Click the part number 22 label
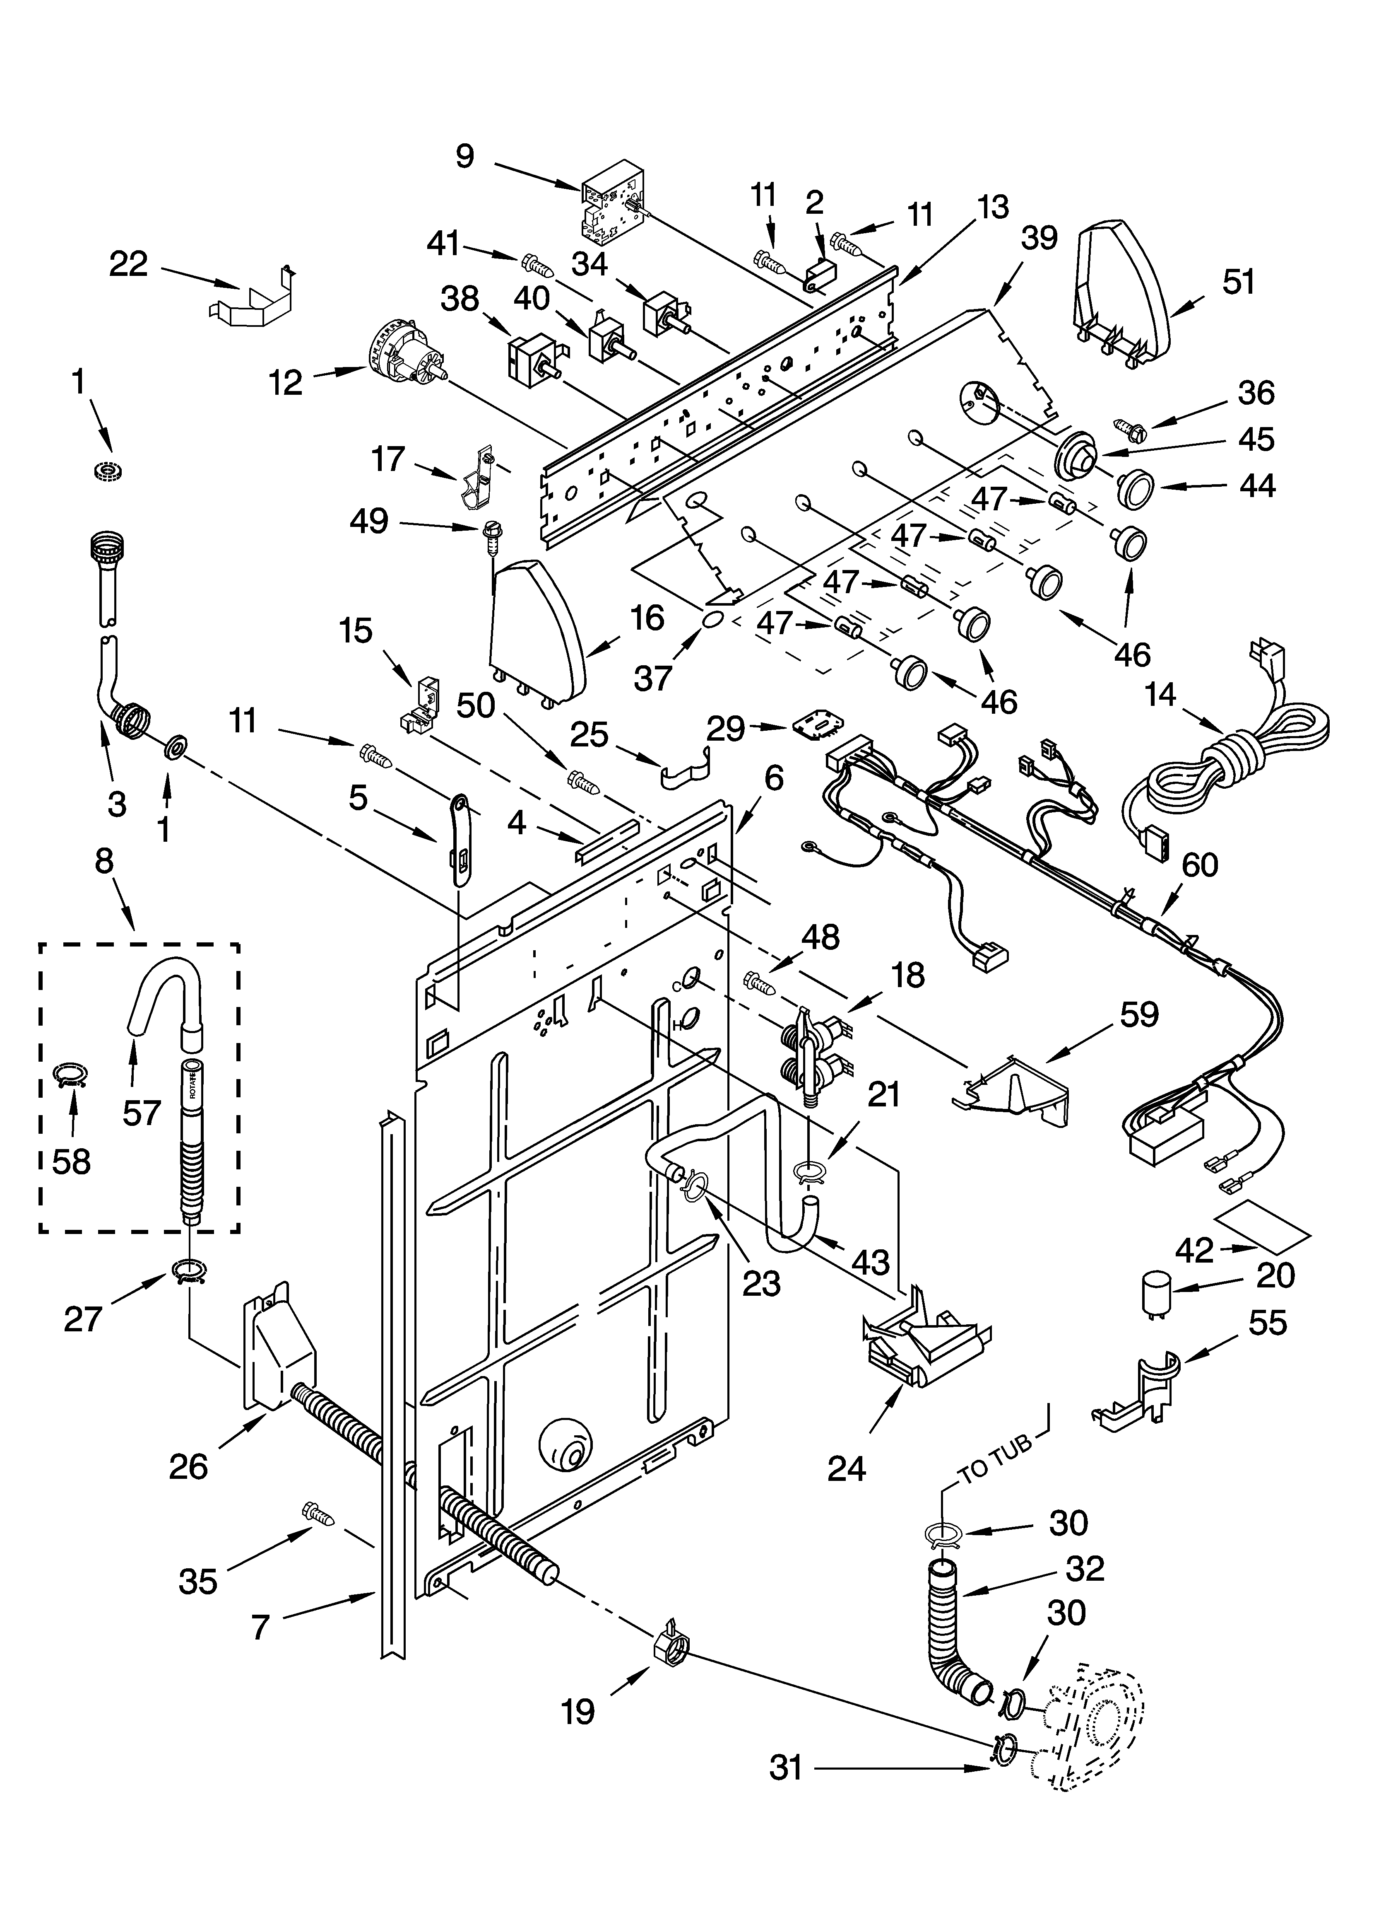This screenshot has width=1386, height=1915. point(128,264)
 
